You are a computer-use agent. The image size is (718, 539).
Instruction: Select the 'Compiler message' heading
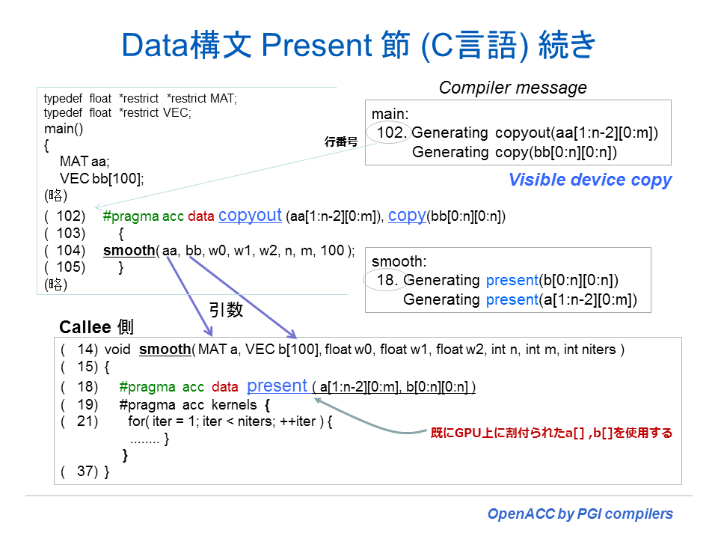pos(512,88)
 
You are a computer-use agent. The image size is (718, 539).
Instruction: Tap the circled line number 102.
pos(392,133)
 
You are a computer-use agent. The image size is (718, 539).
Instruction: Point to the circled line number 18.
pos(384,281)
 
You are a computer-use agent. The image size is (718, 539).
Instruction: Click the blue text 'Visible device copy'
pos(589,180)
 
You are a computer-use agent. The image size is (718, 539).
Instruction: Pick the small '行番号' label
pos(340,141)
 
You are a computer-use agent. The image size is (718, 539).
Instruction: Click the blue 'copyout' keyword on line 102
pos(250,216)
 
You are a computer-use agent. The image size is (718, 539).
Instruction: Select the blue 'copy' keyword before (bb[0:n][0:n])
pos(407,216)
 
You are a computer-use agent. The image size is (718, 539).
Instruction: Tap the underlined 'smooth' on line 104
pos(129,251)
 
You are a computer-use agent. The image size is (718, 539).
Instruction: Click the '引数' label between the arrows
pos(226,309)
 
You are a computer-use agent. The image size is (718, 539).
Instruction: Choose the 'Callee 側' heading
pos(96,328)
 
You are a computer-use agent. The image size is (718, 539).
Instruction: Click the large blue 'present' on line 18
pos(277,386)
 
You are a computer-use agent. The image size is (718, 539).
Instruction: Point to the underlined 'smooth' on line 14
pos(165,350)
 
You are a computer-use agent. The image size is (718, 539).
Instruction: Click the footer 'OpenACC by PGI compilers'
pos(580,514)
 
